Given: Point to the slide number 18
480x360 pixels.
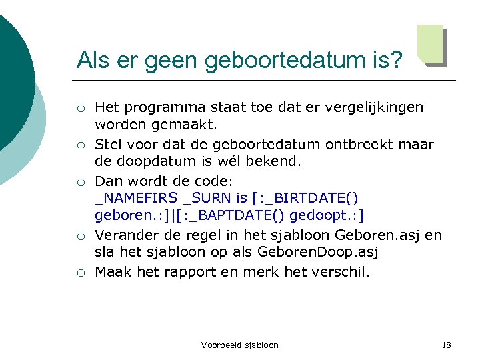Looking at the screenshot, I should (x=446, y=345).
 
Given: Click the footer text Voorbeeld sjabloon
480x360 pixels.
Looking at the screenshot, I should (x=239, y=345).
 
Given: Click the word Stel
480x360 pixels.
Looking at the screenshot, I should (x=108, y=145).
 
